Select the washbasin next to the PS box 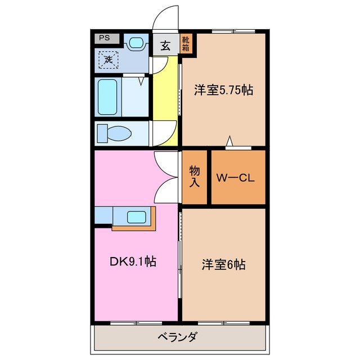(x=135, y=42)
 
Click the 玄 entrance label (x=165, y=46)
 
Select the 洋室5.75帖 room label (x=223, y=89)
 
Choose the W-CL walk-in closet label (x=237, y=178)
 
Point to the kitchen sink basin (x=137, y=217)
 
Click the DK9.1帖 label (x=133, y=261)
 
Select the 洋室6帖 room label (x=223, y=264)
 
